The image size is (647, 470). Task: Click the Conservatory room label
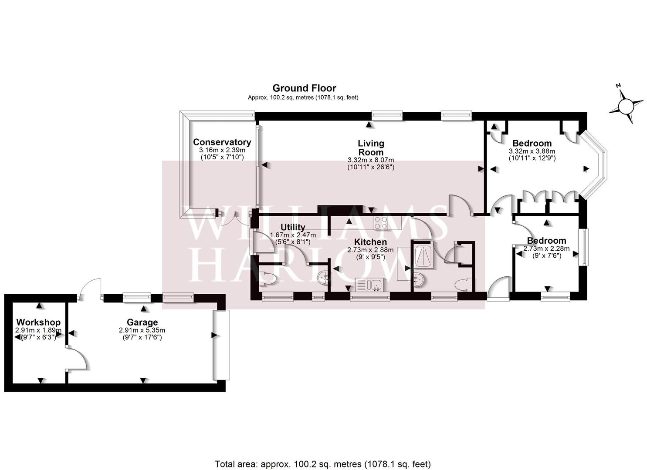click(x=222, y=142)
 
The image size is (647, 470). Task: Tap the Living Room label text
click(x=371, y=148)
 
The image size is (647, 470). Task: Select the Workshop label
click(x=38, y=322)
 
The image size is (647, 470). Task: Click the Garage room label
click(x=142, y=322)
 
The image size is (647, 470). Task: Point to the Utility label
click(x=293, y=227)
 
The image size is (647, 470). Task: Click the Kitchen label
click(x=371, y=242)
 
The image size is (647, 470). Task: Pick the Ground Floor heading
click(x=304, y=88)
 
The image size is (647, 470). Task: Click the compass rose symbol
click(x=626, y=106)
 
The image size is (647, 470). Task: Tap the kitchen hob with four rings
click(x=381, y=223)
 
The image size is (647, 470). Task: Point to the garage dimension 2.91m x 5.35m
click(x=142, y=330)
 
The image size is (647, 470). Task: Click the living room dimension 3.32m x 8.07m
click(x=371, y=160)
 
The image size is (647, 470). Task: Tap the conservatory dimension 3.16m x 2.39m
click(x=222, y=150)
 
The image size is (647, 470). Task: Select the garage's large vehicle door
click(x=221, y=345)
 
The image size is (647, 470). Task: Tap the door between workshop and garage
click(x=76, y=358)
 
